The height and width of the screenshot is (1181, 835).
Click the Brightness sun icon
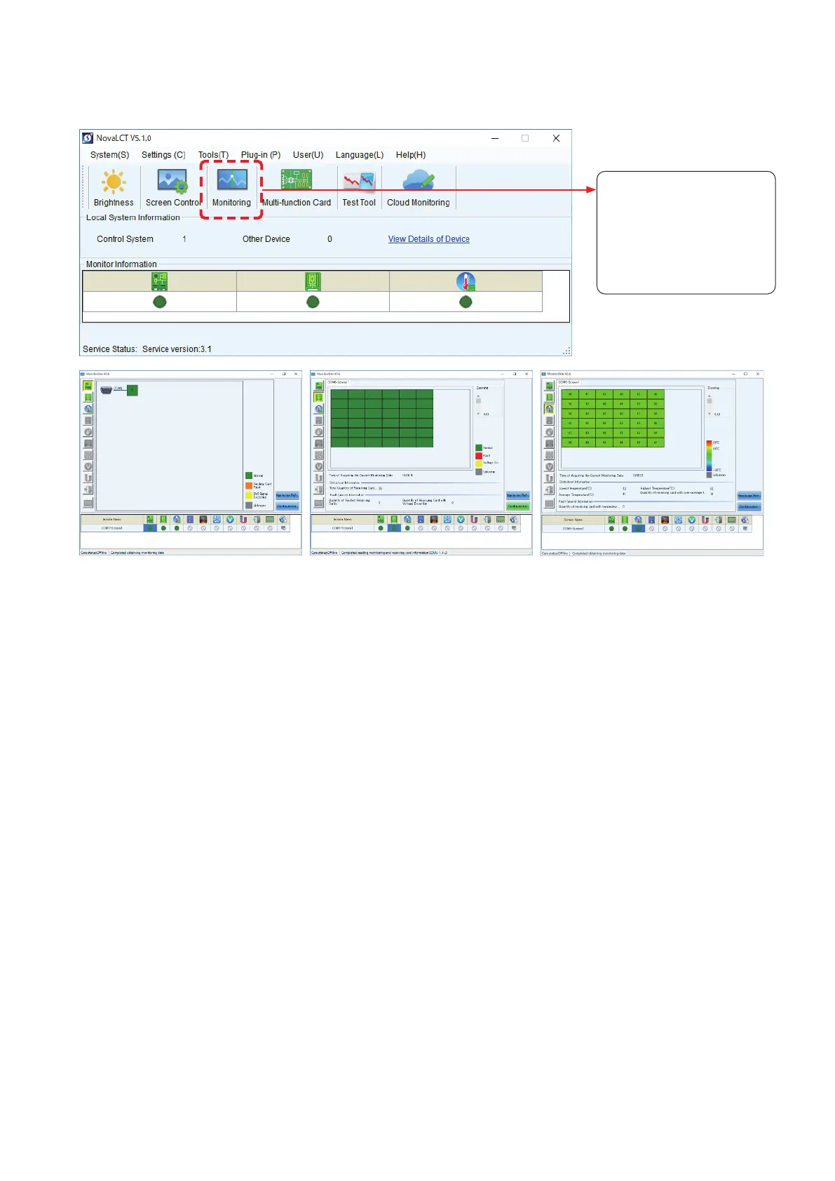[x=114, y=182]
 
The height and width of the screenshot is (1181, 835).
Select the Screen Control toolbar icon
[x=172, y=182]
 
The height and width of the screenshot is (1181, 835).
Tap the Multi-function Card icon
[x=296, y=180]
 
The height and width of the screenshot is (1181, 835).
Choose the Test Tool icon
[x=358, y=182]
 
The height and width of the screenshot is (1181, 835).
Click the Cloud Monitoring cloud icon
[x=418, y=181]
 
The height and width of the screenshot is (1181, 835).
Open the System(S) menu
[x=109, y=155]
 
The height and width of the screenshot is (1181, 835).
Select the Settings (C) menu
[x=163, y=155]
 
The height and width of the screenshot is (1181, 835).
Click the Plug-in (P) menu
[x=260, y=155]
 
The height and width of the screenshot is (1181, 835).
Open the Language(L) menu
[x=359, y=155]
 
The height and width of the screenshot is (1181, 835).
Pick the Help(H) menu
[x=410, y=155]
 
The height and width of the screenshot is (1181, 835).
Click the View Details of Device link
[x=428, y=239]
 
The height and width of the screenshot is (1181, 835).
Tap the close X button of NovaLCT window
[x=556, y=138]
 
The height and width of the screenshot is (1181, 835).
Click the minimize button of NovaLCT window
[x=495, y=138]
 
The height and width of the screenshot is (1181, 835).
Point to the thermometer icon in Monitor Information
[x=466, y=282]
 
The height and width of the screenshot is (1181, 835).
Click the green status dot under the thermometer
[x=466, y=302]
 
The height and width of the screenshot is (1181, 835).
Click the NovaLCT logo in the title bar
[x=88, y=138]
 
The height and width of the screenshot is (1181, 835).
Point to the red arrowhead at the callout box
[x=592, y=189]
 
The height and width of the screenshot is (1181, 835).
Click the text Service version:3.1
[x=177, y=349]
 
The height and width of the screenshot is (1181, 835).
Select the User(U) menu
[x=308, y=155]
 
